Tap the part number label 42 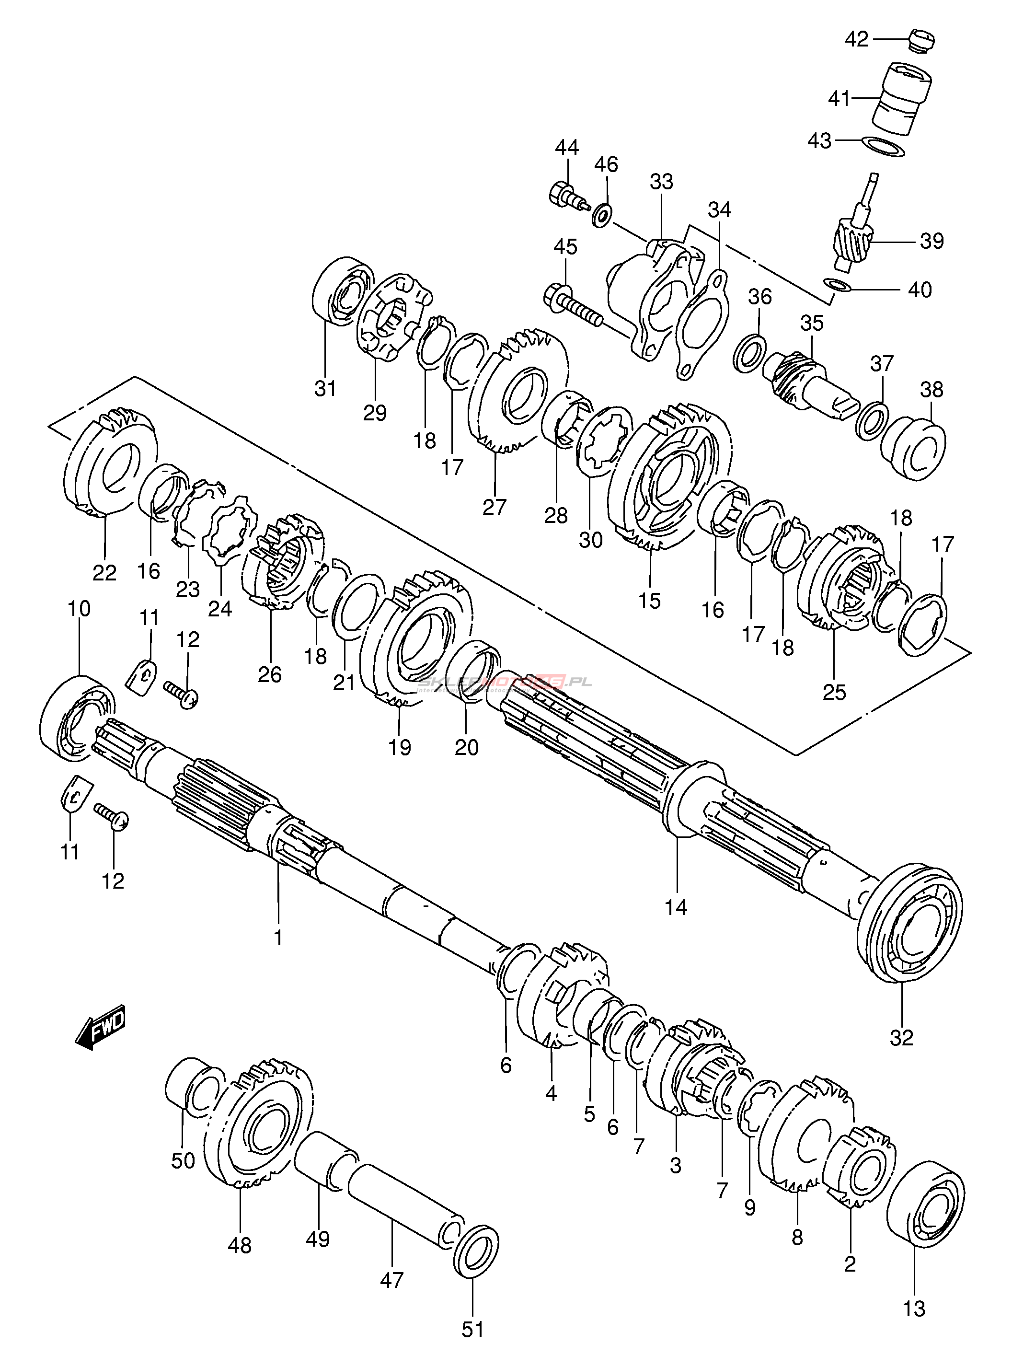[856, 39]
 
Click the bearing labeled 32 [909, 924]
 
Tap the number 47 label [392, 1280]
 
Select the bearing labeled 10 [77, 718]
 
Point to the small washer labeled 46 [603, 215]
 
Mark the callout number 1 [278, 938]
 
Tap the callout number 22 [104, 573]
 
